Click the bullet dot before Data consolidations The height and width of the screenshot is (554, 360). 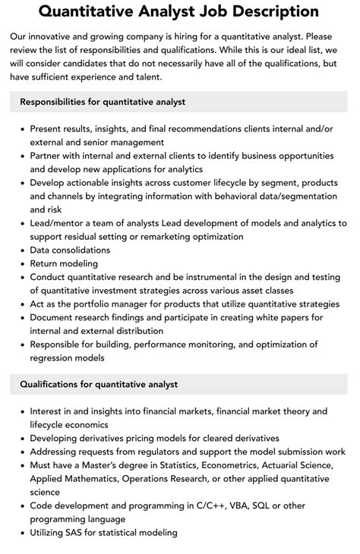(x=22, y=251)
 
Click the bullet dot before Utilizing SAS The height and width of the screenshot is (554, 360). (x=22, y=534)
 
